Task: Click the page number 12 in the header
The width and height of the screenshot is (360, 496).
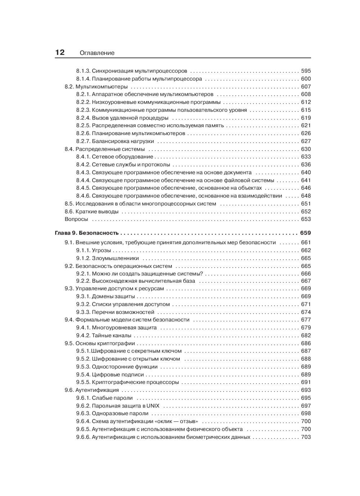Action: click(x=60, y=53)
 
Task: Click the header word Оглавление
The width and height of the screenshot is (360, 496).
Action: click(x=97, y=53)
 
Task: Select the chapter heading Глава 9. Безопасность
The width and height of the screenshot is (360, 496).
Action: click(x=87, y=233)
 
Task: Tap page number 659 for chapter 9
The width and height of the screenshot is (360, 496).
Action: click(x=305, y=233)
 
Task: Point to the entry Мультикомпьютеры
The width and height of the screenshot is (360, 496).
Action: click(x=102, y=86)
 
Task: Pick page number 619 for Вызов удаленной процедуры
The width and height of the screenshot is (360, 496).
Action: click(x=306, y=118)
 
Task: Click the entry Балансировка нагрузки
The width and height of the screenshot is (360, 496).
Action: click(x=123, y=141)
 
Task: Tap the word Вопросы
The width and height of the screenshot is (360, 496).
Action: click(x=76, y=219)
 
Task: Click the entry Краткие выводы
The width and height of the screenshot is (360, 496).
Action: click(x=97, y=211)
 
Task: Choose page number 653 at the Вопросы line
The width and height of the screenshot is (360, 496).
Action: click(x=306, y=219)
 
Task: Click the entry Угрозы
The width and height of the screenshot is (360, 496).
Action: click(x=102, y=250)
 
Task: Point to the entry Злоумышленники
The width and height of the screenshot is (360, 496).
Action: click(x=115, y=258)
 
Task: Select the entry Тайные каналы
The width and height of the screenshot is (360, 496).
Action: click(x=112, y=335)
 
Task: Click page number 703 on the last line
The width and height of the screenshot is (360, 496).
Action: click(x=306, y=437)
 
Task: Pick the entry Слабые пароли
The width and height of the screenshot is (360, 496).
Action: click(x=112, y=398)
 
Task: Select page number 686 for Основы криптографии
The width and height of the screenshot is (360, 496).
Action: click(x=306, y=343)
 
